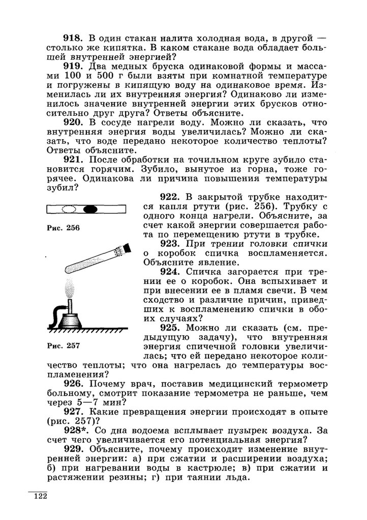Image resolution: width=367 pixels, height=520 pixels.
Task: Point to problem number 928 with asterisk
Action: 75,430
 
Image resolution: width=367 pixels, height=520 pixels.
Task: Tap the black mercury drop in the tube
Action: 90,208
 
